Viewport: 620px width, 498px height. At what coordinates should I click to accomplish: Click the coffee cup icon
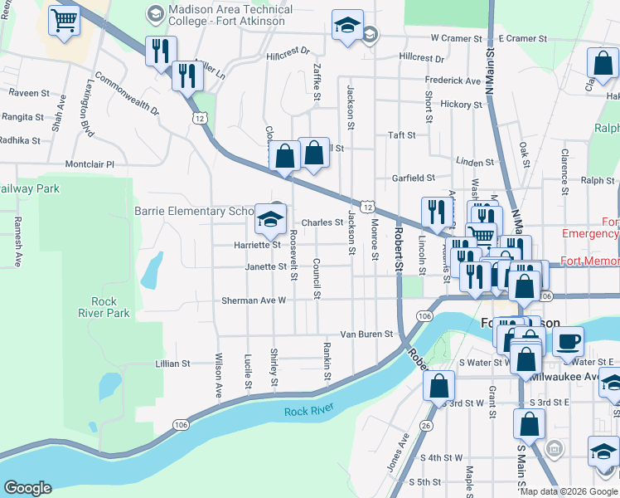tap(568, 341)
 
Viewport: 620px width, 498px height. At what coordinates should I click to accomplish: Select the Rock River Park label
tap(110, 307)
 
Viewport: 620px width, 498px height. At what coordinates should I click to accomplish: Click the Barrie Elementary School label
tap(200, 211)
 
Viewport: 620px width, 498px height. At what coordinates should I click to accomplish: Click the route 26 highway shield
tap(426, 426)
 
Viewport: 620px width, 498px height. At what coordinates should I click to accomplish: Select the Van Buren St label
tap(366, 333)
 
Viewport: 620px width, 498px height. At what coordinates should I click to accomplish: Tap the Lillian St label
tap(172, 364)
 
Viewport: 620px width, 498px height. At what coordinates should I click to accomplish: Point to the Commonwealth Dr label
tap(127, 94)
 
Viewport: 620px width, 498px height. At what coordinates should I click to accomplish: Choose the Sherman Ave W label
tap(253, 300)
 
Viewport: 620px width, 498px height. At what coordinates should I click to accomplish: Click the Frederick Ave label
tap(453, 81)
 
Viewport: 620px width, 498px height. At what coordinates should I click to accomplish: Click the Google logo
tap(28, 488)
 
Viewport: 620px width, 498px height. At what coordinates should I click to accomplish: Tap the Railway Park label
tap(29, 189)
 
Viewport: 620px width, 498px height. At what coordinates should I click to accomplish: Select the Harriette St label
tap(257, 245)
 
